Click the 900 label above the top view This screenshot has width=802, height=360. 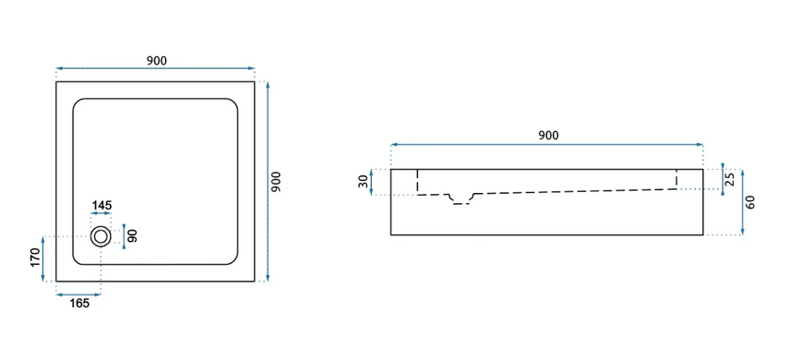click(157, 60)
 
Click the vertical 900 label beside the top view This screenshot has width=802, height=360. click(276, 182)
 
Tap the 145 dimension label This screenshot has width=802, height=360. click(102, 206)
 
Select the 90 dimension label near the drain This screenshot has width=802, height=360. click(133, 236)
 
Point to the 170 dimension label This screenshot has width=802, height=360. click(35, 258)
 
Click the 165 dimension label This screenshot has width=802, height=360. click(79, 304)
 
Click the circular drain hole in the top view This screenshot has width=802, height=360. click(101, 236)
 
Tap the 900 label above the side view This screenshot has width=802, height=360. click(548, 136)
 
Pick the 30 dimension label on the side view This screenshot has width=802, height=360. click(363, 182)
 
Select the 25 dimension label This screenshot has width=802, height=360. click(730, 179)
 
